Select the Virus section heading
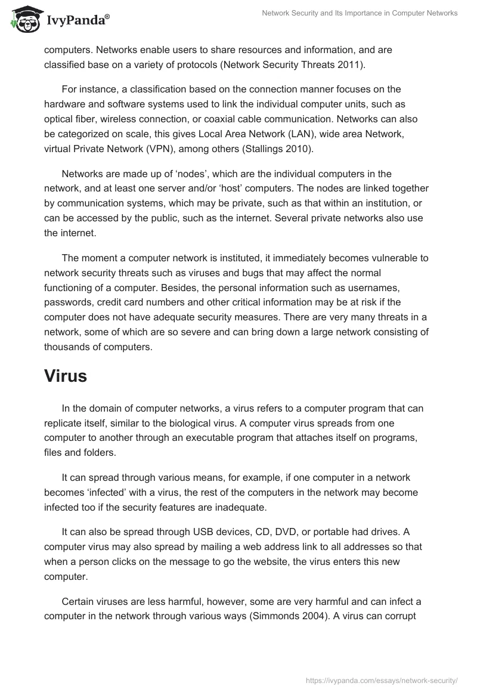click(66, 376)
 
